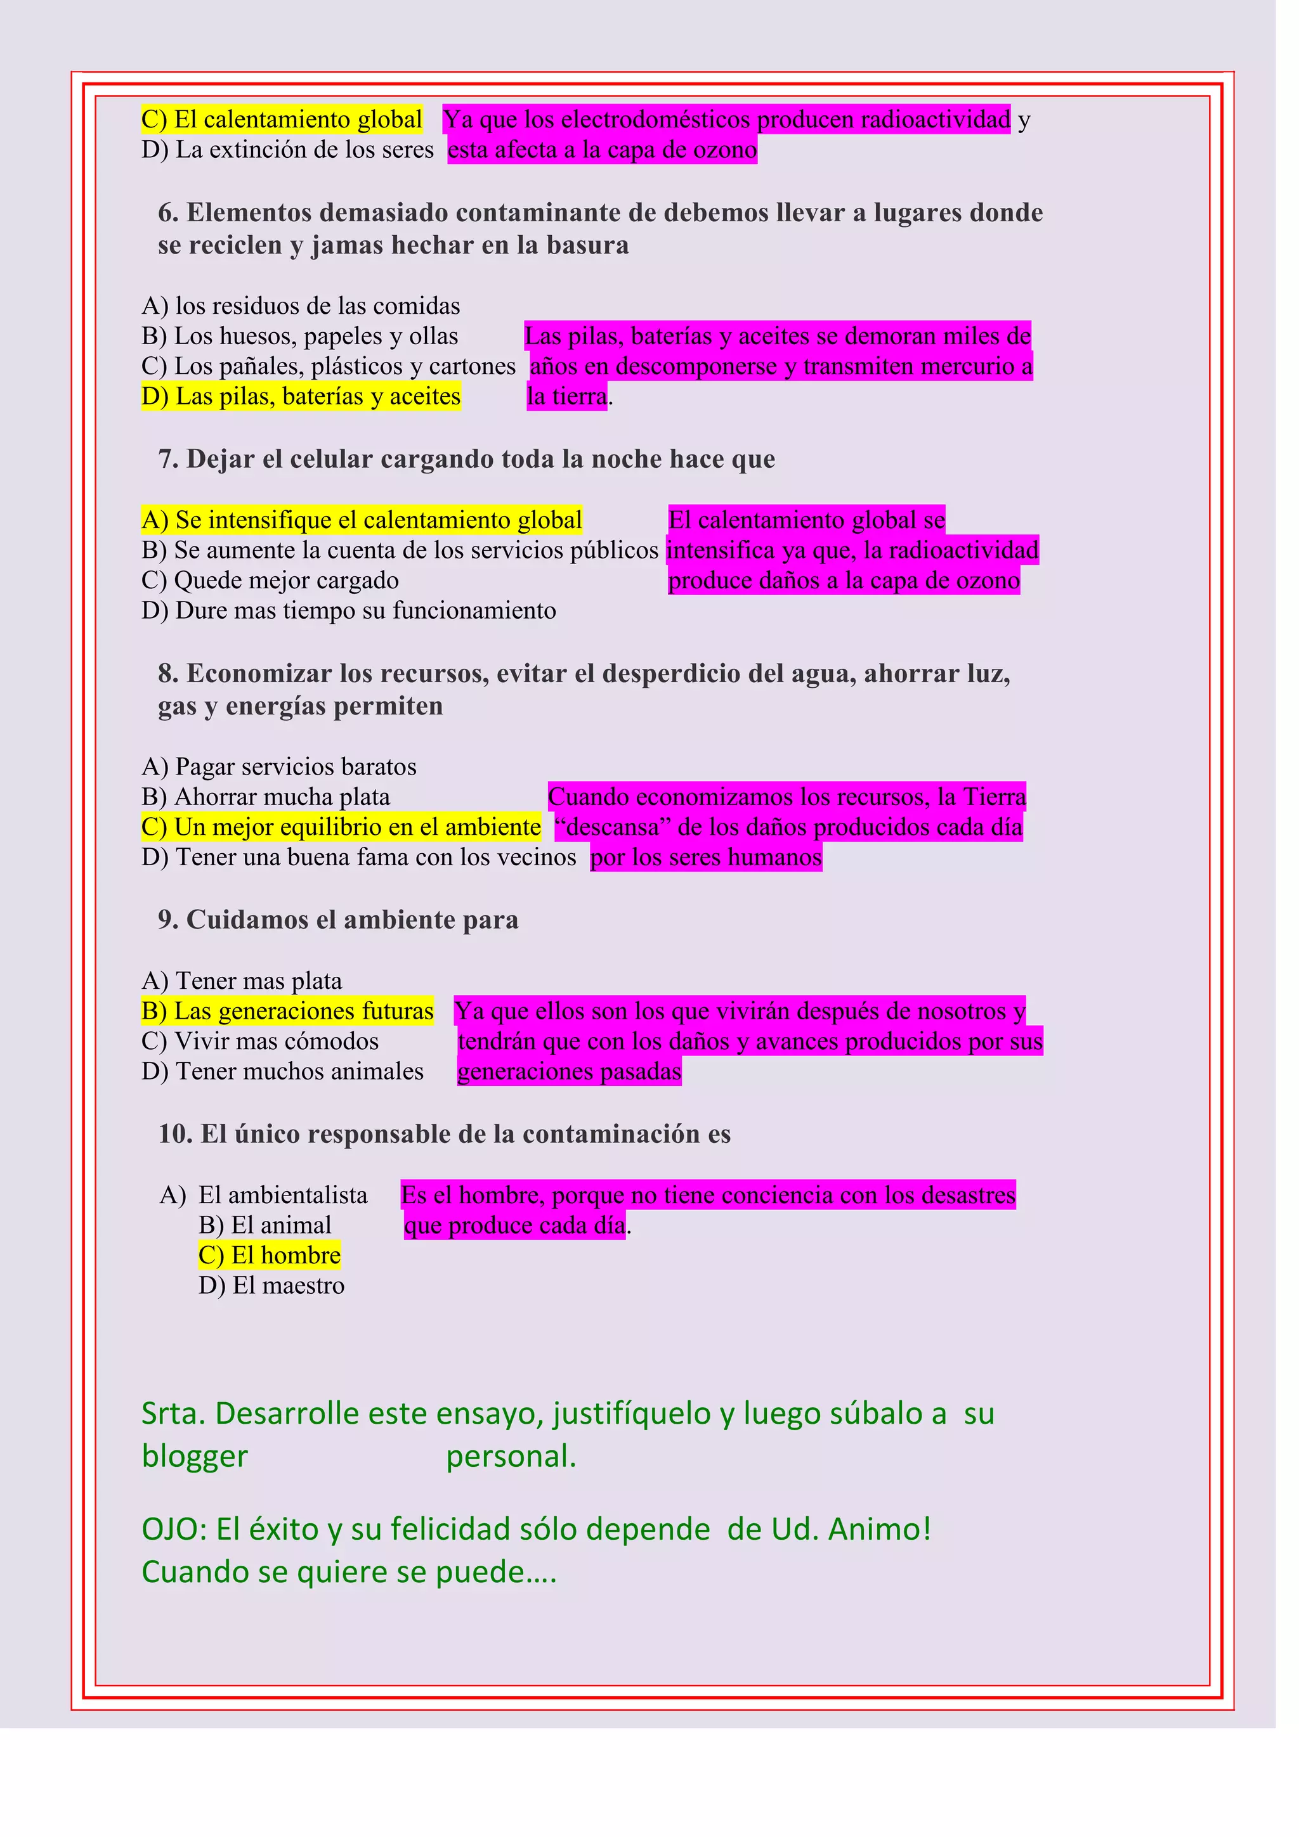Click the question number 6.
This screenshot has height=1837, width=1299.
coord(168,213)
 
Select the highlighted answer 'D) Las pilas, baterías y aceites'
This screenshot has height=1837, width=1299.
coord(301,396)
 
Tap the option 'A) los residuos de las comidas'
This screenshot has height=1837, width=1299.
coord(301,306)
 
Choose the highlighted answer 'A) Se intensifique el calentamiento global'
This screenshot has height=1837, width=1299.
coord(362,520)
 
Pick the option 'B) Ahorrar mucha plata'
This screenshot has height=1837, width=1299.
coord(266,797)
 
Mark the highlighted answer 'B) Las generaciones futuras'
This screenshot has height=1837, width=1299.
coord(287,1011)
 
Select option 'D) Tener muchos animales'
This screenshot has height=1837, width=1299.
coord(282,1071)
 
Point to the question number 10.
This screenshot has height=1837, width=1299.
coord(175,1134)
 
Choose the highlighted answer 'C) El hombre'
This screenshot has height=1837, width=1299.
coord(270,1255)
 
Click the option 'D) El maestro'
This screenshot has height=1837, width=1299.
coord(271,1286)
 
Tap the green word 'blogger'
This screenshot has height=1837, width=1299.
coord(195,1457)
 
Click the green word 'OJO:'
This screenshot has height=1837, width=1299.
coord(174,1530)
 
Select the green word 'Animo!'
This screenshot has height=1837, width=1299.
coord(880,1530)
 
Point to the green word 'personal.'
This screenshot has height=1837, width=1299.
coord(511,1457)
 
